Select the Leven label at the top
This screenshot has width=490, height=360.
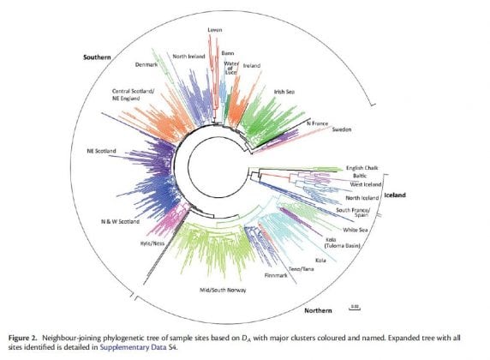point(215,29)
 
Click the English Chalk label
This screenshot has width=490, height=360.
point(366,168)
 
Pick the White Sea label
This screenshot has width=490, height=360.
point(356,230)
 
